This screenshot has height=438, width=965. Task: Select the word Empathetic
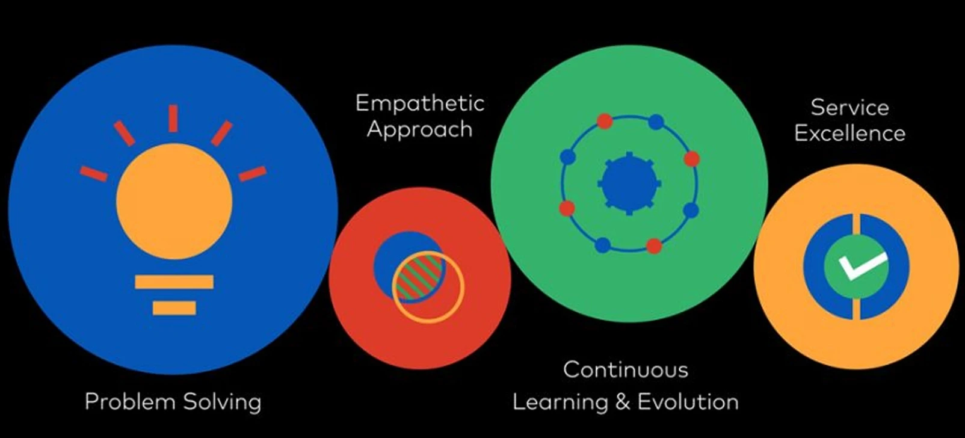[x=419, y=103]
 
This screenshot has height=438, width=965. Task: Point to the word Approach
[x=419, y=130]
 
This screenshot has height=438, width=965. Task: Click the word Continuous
[x=626, y=369]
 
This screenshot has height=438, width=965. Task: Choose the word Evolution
[x=688, y=401]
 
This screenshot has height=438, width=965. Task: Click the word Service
[x=849, y=107]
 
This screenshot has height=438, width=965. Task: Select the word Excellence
[x=849, y=133]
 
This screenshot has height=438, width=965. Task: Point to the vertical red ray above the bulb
[x=173, y=118]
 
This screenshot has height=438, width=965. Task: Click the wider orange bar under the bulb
[x=174, y=282]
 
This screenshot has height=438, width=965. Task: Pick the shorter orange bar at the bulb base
[x=174, y=308]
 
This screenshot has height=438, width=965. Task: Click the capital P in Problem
[x=91, y=401]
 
